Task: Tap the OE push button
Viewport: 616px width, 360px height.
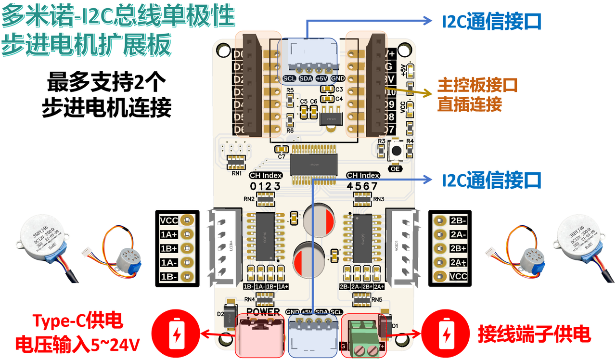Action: coord(396,151)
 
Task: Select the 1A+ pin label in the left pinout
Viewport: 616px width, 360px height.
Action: coord(169,235)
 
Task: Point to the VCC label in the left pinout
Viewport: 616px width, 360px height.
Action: coord(169,220)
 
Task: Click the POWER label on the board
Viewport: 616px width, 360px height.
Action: coord(263,311)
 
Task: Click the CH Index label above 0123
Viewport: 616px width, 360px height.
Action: coord(266,175)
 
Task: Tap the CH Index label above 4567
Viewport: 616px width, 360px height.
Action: coord(363,175)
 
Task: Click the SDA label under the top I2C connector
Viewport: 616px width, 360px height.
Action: coord(306,78)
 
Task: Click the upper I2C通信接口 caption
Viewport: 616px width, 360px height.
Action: coord(491,21)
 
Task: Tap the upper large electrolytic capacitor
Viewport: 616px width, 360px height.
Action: coord(317,219)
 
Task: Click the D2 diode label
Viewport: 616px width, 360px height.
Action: coord(221,314)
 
